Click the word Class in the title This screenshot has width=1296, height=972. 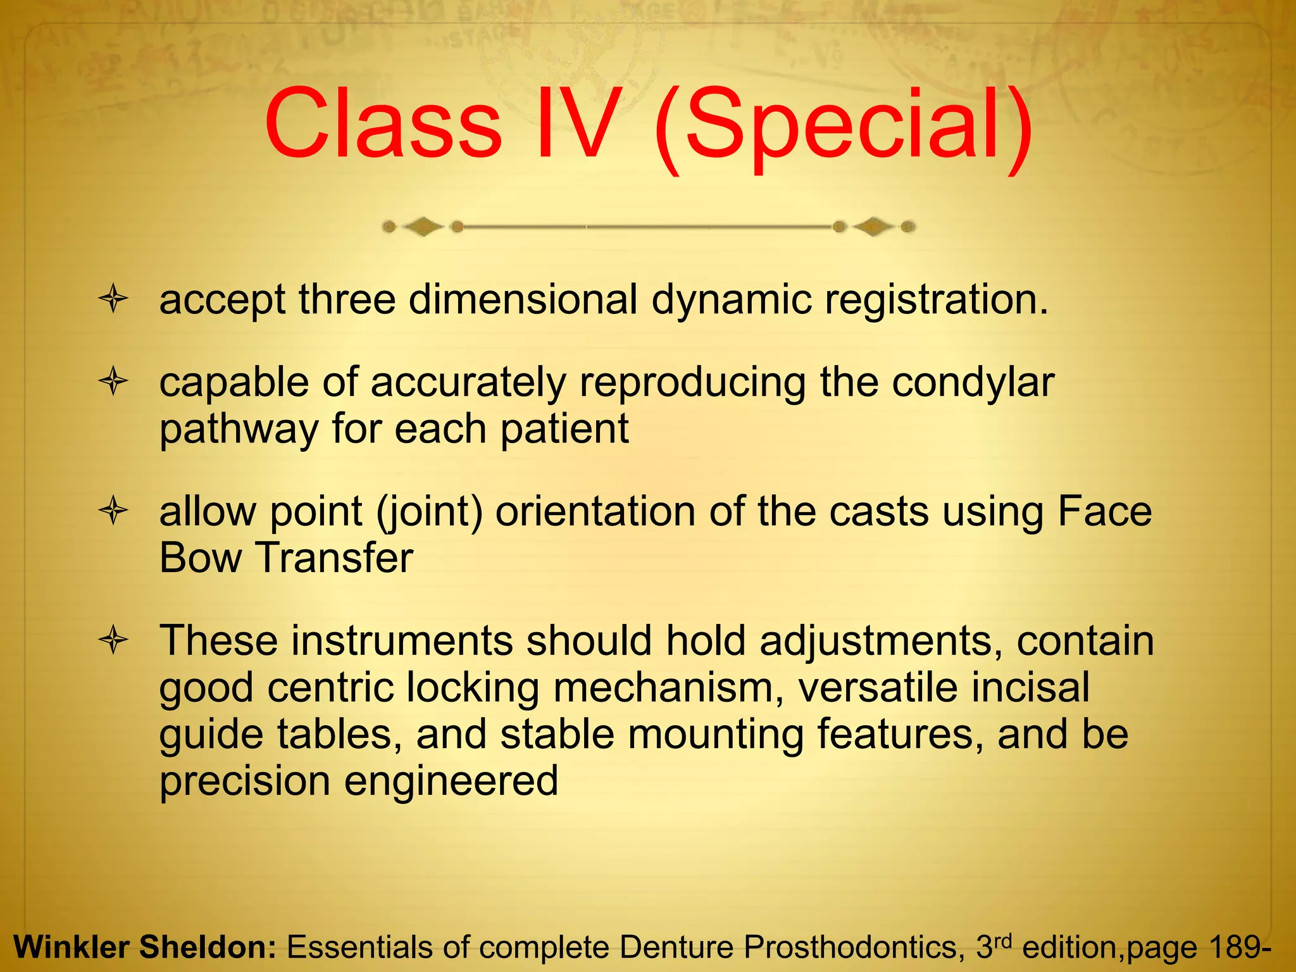click(383, 124)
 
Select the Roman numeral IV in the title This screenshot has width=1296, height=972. click(575, 124)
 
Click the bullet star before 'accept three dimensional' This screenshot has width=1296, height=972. click(114, 299)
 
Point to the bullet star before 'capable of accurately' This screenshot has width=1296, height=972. click(114, 382)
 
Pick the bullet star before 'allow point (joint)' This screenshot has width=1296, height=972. click(114, 511)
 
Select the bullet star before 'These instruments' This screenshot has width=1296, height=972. click(114, 640)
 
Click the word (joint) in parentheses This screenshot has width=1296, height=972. click(430, 513)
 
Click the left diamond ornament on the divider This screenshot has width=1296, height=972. click(423, 227)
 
